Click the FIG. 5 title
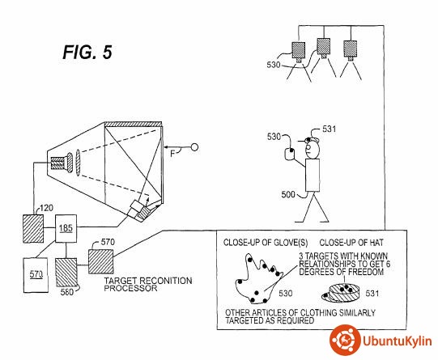point(87,52)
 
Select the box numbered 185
point(66,229)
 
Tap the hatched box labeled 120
point(33,229)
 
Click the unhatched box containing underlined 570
point(36,275)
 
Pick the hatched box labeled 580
point(66,273)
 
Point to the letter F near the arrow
point(173,153)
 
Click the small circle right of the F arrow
point(194,147)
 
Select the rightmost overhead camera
point(350,50)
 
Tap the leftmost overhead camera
point(299,53)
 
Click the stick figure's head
point(312,150)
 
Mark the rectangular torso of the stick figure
point(313,176)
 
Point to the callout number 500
point(288,194)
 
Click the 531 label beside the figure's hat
point(329,129)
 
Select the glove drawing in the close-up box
point(257,278)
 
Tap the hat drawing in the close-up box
point(340,293)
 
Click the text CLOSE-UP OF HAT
point(351,243)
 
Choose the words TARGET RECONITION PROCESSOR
point(148,284)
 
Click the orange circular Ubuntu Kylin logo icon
point(345,340)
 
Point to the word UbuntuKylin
point(397,341)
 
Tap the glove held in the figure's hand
point(290,154)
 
